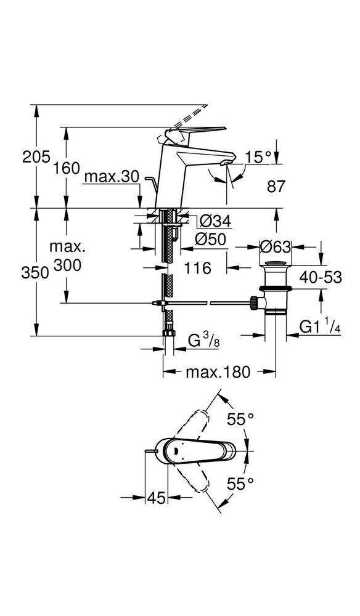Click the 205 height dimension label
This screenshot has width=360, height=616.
coord(36,157)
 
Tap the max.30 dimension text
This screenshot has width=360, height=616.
coord(112,177)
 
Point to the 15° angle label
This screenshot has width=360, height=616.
coord(258,158)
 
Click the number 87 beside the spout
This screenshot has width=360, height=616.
coord(276,187)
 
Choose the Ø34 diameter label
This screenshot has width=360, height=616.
coord(215,222)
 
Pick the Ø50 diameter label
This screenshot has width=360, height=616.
coord(211,239)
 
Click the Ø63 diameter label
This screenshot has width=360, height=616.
coord(276,247)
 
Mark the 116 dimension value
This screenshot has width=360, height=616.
coord(198,269)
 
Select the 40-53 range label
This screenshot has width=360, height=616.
coord(321,277)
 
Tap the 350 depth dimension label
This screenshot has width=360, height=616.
coord(35,273)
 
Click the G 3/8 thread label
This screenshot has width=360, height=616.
coord(203,341)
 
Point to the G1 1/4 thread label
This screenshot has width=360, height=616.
coord(320,327)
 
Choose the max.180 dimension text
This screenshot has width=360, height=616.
coord(218,371)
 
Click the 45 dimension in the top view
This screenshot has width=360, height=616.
coord(156,498)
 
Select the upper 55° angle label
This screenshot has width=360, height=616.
coord(240,420)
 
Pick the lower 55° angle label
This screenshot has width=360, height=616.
coord(240,484)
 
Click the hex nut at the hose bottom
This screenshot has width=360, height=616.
coord(169,333)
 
